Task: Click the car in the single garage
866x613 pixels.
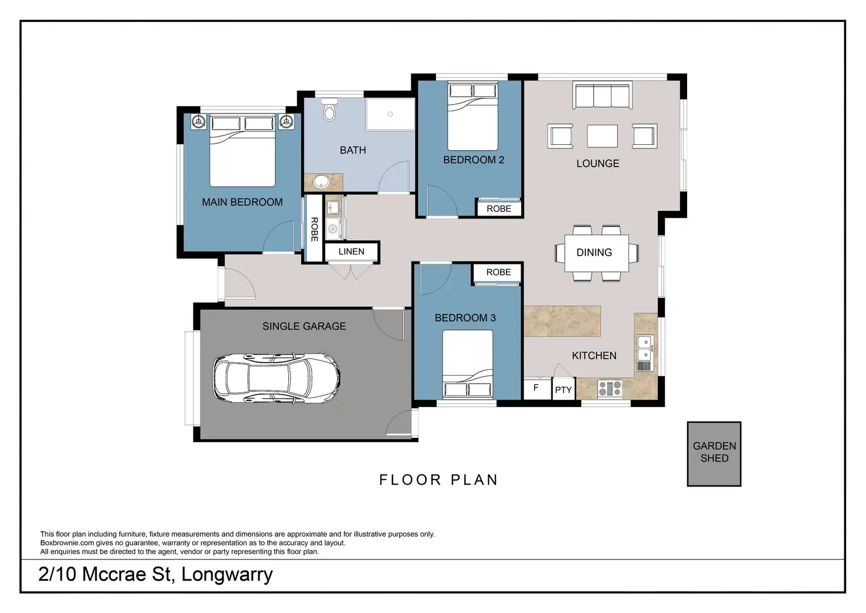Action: (x=276, y=377)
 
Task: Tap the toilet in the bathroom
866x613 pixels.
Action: (x=329, y=110)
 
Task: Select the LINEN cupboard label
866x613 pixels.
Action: (x=351, y=251)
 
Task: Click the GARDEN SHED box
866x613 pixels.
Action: (x=714, y=453)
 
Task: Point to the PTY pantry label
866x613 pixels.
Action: (x=563, y=390)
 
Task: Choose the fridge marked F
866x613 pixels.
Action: (x=537, y=389)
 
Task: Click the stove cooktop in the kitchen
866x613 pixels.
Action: (x=609, y=389)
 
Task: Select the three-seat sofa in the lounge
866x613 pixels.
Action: (x=602, y=95)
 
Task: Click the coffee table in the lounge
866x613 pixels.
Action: (x=602, y=136)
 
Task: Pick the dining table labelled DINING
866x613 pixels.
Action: (x=597, y=253)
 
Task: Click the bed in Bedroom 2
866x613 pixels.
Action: (x=472, y=116)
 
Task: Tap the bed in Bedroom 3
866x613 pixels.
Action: (x=467, y=364)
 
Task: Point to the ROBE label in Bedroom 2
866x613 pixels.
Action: (x=499, y=208)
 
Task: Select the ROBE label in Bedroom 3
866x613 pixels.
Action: (x=498, y=272)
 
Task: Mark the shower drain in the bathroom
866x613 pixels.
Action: (x=390, y=114)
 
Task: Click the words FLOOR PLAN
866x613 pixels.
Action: (x=438, y=480)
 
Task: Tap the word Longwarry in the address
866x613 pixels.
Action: (x=227, y=575)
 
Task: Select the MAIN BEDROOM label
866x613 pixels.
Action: (x=242, y=202)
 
